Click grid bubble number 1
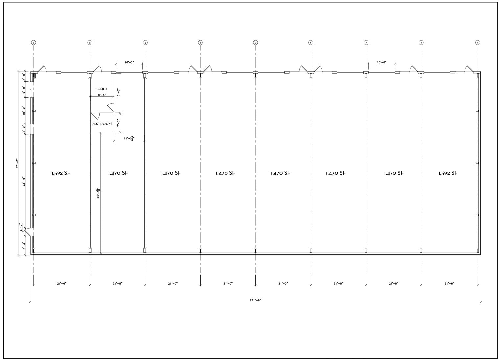pyautogui.click(x=33, y=43)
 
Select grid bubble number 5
pyautogui.click(x=255, y=43)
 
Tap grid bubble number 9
pyautogui.click(x=478, y=43)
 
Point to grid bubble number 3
pyautogui.click(x=145, y=43)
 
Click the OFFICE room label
pyautogui.click(x=101, y=89)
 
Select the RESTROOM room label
pyautogui.click(x=102, y=124)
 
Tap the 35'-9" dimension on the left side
pyautogui.click(x=23, y=181)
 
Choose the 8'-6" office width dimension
pyautogui.click(x=101, y=95)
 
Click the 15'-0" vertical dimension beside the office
pyautogui.click(x=118, y=93)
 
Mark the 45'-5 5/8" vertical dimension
pyautogui.click(x=98, y=193)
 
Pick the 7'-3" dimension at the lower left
pyautogui.click(x=23, y=246)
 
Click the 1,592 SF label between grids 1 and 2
pyautogui.click(x=60, y=173)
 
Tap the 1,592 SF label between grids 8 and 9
pyautogui.click(x=448, y=173)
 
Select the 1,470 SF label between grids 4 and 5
pyautogui.click(x=225, y=173)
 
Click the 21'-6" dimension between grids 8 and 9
pyautogui.click(x=449, y=283)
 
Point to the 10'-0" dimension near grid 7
pyautogui.click(x=381, y=62)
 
